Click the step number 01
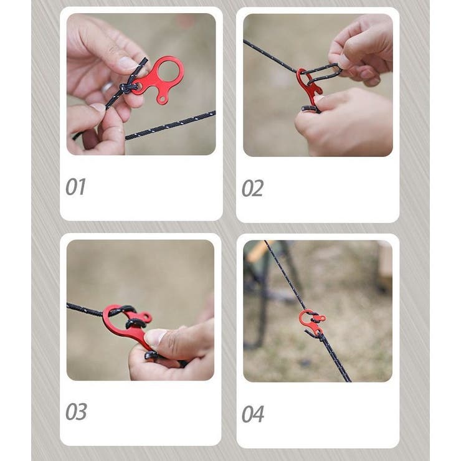click(75, 187)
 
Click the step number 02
click(252, 188)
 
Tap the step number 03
click(76, 412)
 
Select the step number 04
click(252, 414)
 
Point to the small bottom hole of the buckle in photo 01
click(161, 100)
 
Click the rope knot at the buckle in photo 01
click(127, 88)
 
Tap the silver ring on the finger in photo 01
click(107, 87)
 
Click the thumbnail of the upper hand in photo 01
click(128, 63)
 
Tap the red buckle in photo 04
click(312, 322)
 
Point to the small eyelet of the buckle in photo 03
click(146, 318)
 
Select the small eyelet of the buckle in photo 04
click(321, 318)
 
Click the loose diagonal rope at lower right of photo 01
click(171, 125)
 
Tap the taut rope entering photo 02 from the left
click(270, 57)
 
